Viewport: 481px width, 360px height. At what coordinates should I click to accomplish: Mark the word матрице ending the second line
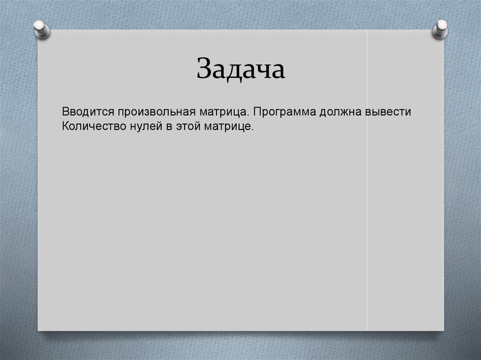pos(228,126)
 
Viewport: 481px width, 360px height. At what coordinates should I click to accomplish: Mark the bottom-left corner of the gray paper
pos(39,329)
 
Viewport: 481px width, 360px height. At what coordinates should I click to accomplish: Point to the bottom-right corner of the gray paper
pos(443,329)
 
